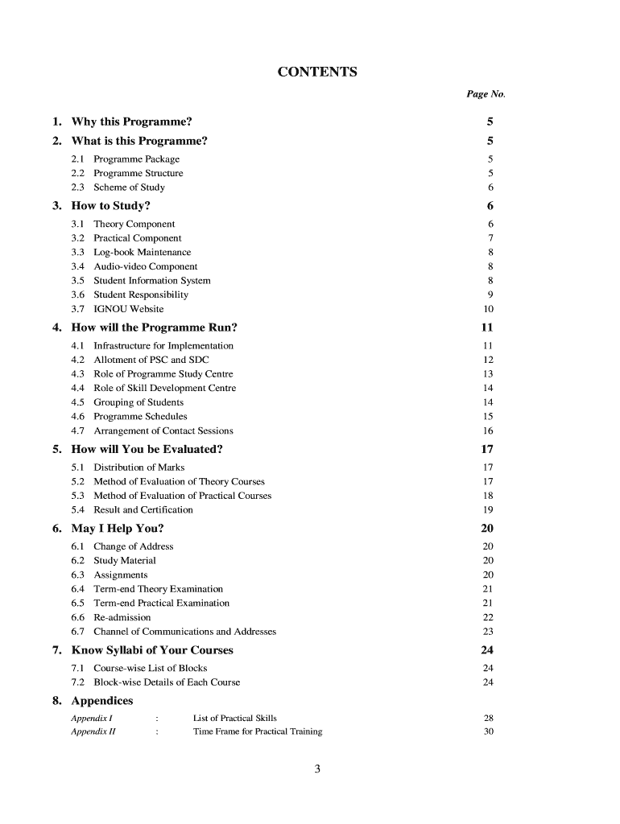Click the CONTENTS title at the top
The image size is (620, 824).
317,73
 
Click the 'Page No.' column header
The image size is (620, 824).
486,94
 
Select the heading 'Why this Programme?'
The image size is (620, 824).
131,122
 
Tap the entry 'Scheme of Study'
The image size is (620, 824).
129,187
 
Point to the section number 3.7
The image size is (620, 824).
78,309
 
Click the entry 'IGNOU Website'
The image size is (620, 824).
128,309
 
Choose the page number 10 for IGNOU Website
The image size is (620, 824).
488,309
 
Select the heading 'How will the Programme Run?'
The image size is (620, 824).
154,328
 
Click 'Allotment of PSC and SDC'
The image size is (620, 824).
151,360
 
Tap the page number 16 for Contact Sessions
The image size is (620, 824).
488,431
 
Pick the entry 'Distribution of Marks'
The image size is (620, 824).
138,468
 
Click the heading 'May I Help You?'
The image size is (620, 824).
118,529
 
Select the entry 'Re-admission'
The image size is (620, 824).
122,617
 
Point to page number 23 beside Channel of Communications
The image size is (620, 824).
488,632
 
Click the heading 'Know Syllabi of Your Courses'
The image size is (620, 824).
152,650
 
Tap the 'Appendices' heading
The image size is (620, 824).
102,700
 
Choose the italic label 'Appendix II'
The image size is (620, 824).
93,731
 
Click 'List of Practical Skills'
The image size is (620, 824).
235,718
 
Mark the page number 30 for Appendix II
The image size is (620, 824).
488,731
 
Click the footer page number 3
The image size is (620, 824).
317,770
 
